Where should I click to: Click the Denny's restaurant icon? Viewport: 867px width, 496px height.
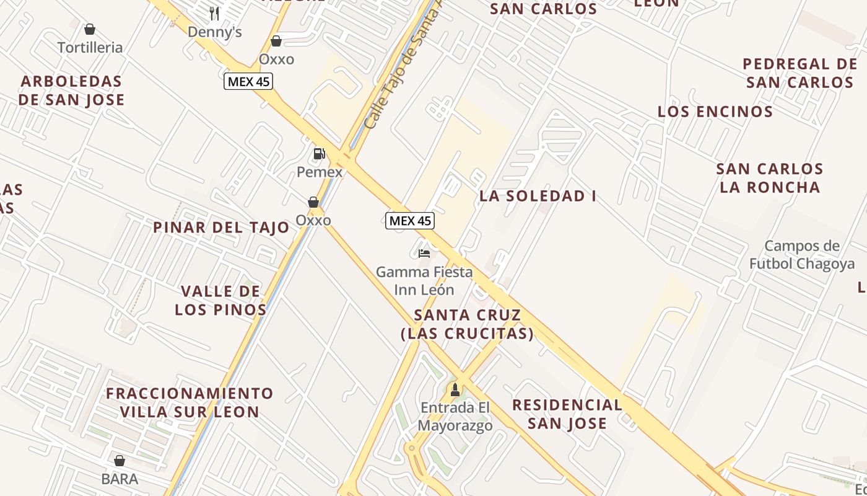(214, 12)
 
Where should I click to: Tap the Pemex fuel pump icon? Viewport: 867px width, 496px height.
(320, 154)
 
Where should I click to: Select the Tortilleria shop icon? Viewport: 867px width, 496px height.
(90, 29)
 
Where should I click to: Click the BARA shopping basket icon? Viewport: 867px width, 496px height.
(120, 461)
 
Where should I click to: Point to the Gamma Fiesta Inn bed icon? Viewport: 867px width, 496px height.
(424, 254)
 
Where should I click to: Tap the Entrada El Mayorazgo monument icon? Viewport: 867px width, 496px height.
(455, 390)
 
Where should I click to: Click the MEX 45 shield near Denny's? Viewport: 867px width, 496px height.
(248, 81)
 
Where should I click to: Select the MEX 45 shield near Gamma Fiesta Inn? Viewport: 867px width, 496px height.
(409, 221)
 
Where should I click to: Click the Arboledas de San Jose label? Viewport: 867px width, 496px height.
(71, 91)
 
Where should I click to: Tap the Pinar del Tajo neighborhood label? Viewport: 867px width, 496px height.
(221, 228)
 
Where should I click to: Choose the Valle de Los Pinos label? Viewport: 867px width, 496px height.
(220, 300)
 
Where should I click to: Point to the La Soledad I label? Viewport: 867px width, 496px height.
(538, 197)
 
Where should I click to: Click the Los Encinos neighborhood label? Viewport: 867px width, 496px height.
(715, 112)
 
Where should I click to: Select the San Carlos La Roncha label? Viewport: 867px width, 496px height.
(770, 178)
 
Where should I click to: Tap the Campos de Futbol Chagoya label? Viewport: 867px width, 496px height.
(802, 255)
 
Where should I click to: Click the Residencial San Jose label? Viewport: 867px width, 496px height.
(567, 414)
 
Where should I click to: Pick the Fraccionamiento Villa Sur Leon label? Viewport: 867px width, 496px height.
(190, 402)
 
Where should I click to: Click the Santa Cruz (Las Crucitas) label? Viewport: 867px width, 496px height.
(467, 324)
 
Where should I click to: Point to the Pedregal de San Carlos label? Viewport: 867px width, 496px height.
(799, 73)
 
